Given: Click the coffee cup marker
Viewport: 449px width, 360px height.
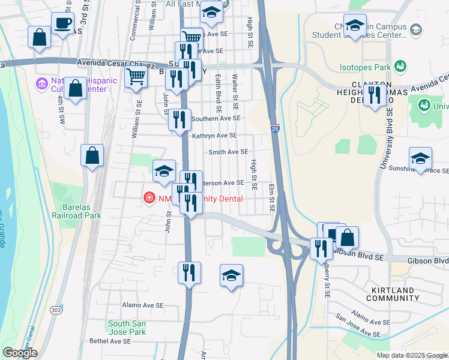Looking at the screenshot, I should pos(63,24).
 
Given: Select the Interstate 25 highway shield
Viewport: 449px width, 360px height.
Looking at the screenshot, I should pos(275,128).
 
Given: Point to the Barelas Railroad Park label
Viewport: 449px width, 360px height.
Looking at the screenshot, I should pos(76,211).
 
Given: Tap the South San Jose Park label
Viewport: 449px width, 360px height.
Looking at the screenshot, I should pos(127,328).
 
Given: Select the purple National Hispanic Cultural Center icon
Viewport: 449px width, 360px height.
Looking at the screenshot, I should pos(41,83).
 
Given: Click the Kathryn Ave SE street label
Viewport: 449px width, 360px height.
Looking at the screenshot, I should pos(214,136).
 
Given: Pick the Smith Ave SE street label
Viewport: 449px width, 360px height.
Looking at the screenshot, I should pos(228,152).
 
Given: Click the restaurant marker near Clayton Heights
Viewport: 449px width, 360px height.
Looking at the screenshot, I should pos(374,95).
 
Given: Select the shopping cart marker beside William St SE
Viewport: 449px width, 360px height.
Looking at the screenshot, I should pos(136,77).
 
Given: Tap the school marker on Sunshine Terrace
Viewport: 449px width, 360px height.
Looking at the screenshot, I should pos(420,158).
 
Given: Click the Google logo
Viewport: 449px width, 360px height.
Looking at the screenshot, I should pos(20,353).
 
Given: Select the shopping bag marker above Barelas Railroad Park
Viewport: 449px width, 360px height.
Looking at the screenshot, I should pos(92,156).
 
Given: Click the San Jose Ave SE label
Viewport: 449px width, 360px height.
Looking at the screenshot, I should pos(357,326).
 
